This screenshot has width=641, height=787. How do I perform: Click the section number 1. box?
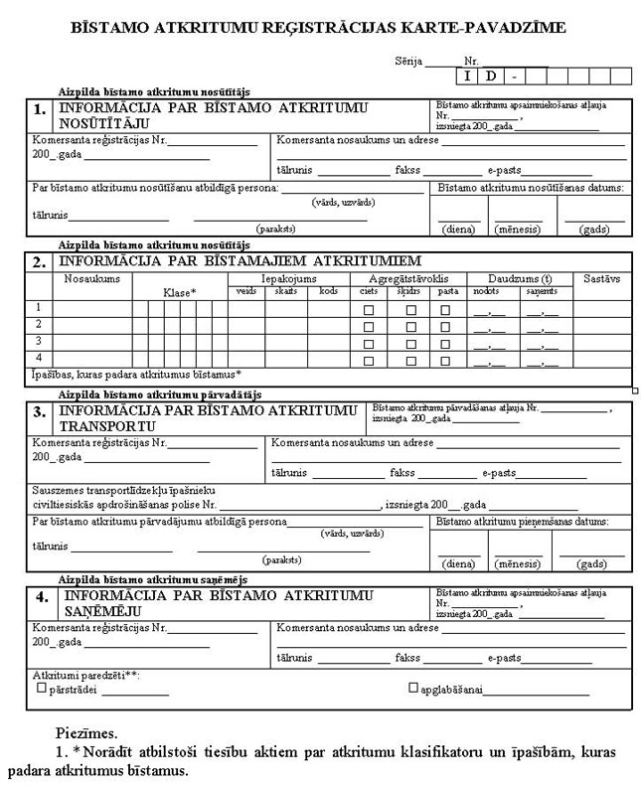point(41,109)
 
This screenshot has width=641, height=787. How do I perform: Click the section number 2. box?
point(41,263)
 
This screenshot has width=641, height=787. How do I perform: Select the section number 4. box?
point(41,597)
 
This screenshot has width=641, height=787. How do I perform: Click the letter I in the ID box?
point(467,76)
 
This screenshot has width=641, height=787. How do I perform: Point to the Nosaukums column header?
point(91,279)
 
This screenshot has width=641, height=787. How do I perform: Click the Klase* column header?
point(180,292)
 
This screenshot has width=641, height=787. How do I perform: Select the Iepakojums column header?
point(287,279)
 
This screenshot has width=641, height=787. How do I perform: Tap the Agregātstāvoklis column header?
point(409,279)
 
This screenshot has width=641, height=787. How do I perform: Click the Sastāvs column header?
point(602,279)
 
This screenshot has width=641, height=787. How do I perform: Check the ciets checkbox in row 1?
point(369,311)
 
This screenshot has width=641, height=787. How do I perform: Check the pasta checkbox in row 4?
point(446,360)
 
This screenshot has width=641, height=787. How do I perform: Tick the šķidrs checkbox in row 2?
point(409,327)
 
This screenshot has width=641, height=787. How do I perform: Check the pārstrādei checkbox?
point(41,688)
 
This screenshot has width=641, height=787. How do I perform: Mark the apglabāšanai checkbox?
point(412,688)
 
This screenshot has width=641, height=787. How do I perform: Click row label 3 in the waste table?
point(38,342)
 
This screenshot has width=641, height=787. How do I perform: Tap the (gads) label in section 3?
point(591,563)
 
